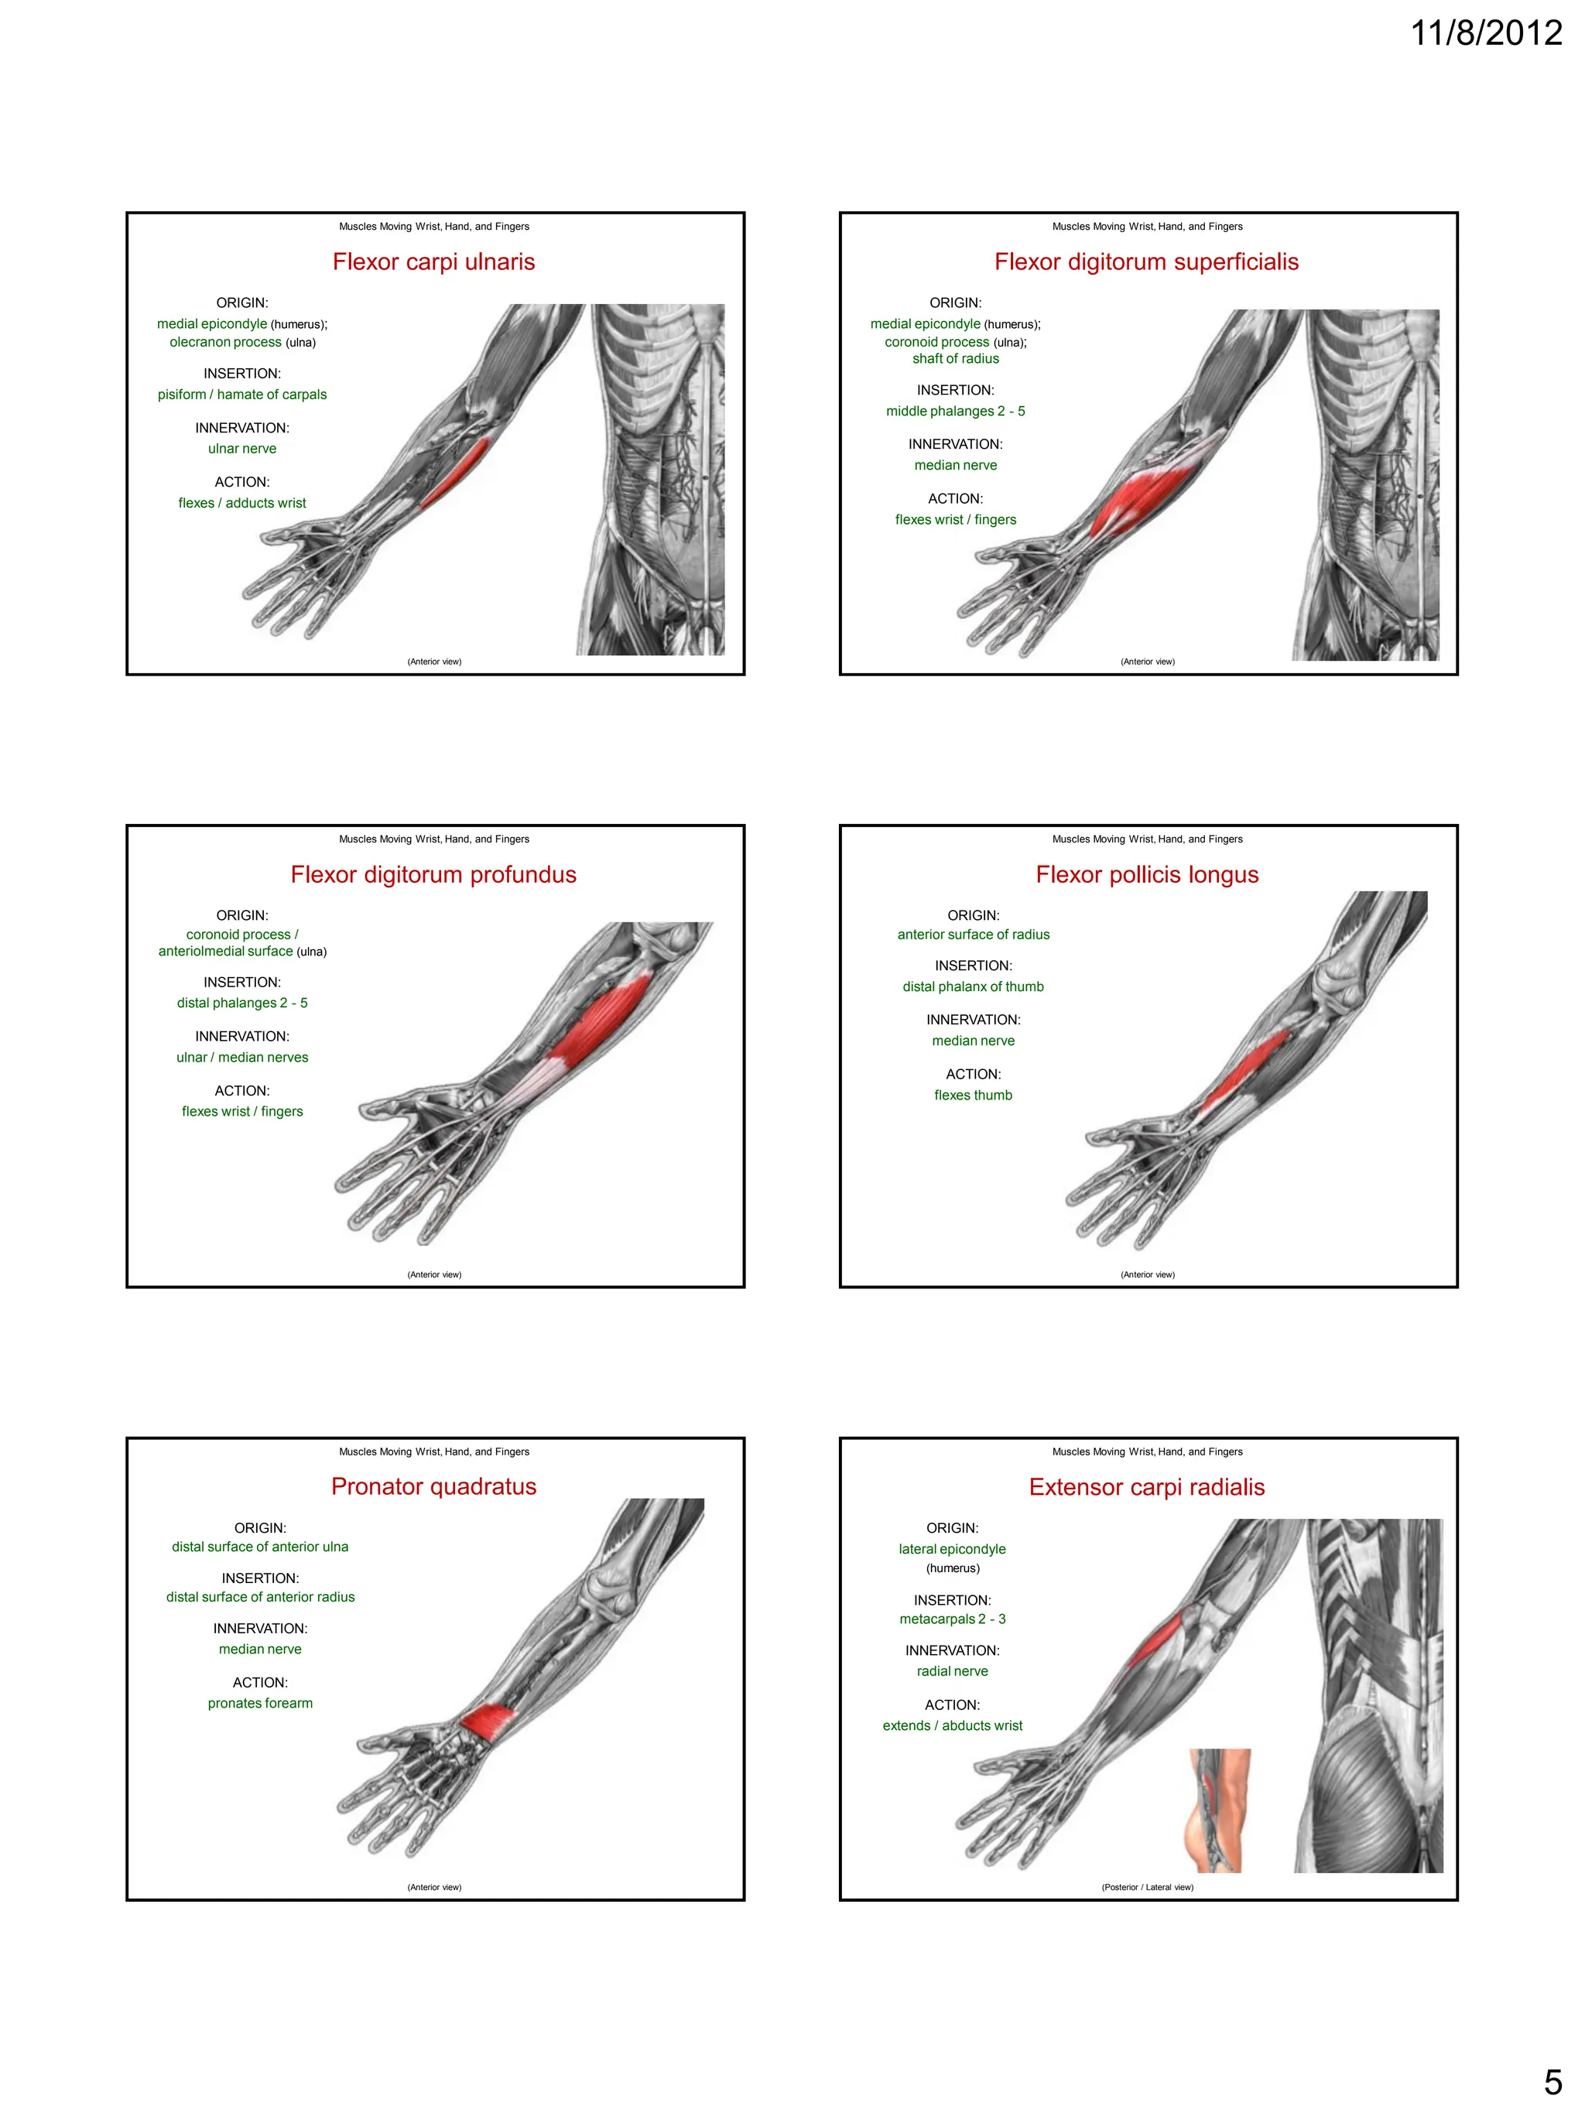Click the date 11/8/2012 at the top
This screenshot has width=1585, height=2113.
pyautogui.click(x=1486, y=33)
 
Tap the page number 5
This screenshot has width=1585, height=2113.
pyautogui.click(x=1552, y=2081)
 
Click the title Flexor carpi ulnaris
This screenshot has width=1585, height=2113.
pyautogui.click(x=433, y=262)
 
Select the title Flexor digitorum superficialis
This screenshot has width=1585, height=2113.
pyautogui.click(x=1146, y=262)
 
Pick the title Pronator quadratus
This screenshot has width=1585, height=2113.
pyautogui.click(x=433, y=1486)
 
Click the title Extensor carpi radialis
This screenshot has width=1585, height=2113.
pyautogui.click(x=1146, y=1487)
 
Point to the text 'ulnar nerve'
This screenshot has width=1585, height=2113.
pyautogui.click(x=241, y=449)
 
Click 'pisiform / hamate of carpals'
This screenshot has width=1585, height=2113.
pyautogui.click(x=241, y=395)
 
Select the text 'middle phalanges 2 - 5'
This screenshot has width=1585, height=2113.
pyautogui.click(x=955, y=412)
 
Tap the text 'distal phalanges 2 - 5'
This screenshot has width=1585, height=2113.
pyautogui.click(x=241, y=1003)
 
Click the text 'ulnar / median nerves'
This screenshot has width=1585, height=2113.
pyautogui.click(x=241, y=1058)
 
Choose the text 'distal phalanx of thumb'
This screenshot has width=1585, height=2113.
pyautogui.click(x=973, y=986)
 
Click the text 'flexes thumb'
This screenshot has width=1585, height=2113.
pyautogui.click(x=973, y=1096)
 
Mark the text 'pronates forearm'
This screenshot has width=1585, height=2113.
pyautogui.click(x=260, y=1703)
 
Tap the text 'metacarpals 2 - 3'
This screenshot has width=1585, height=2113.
pyautogui.click(x=953, y=1619)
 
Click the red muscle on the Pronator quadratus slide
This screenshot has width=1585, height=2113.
pyautogui.click(x=485, y=1721)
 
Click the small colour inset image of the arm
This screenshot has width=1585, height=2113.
pyautogui.click(x=1218, y=1810)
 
